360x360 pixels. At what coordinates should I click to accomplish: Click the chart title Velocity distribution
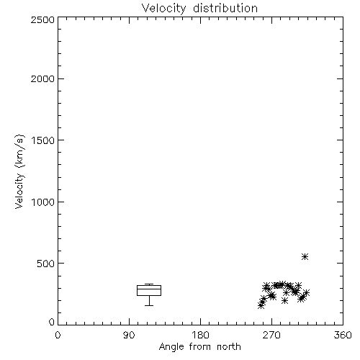pyautogui.click(x=199, y=9)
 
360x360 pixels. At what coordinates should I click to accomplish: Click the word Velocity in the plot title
pyautogui.click(x=163, y=9)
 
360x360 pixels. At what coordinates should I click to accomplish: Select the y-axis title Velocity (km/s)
pyautogui.click(x=19, y=171)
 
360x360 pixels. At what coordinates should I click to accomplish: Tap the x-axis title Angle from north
pyautogui.click(x=199, y=346)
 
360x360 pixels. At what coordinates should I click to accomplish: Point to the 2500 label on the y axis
pyautogui.click(x=42, y=19)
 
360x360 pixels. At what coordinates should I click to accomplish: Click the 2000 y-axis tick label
pyautogui.click(x=42, y=79)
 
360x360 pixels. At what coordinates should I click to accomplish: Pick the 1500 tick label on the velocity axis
pyautogui.click(x=43, y=140)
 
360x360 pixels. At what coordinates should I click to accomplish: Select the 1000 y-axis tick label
pyautogui.click(x=43, y=202)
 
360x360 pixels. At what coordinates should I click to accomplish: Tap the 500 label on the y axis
pyautogui.click(x=46, y=264)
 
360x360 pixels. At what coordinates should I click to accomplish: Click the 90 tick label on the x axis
pyautogui.click(x=129, y=335)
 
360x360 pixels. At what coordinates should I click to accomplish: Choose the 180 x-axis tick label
pyautogui.click(x=199, y=335)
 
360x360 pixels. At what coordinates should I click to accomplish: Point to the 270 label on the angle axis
pyautogui.click(x=271, y=335)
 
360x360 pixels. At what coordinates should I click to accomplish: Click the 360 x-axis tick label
pyautogui.click(x=343, y=335)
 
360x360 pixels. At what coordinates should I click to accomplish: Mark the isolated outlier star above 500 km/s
pyautogui.click(x=305, y=257)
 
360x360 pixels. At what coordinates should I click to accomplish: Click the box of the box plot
pyautogui.click(x=149, y=285)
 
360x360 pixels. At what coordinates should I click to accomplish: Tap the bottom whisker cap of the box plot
pyautogui.click(x=149, y=305)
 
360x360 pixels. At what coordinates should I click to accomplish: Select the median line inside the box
pyautogui.click(x=149, y=289)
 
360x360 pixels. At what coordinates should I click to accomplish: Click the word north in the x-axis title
pyautogui.click(x=229, y=346)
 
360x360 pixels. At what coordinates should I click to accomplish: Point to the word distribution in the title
pyautogui.click(x=225, y=9)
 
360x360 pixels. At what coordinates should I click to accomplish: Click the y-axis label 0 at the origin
pyautogui.click(x=52, y=322)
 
